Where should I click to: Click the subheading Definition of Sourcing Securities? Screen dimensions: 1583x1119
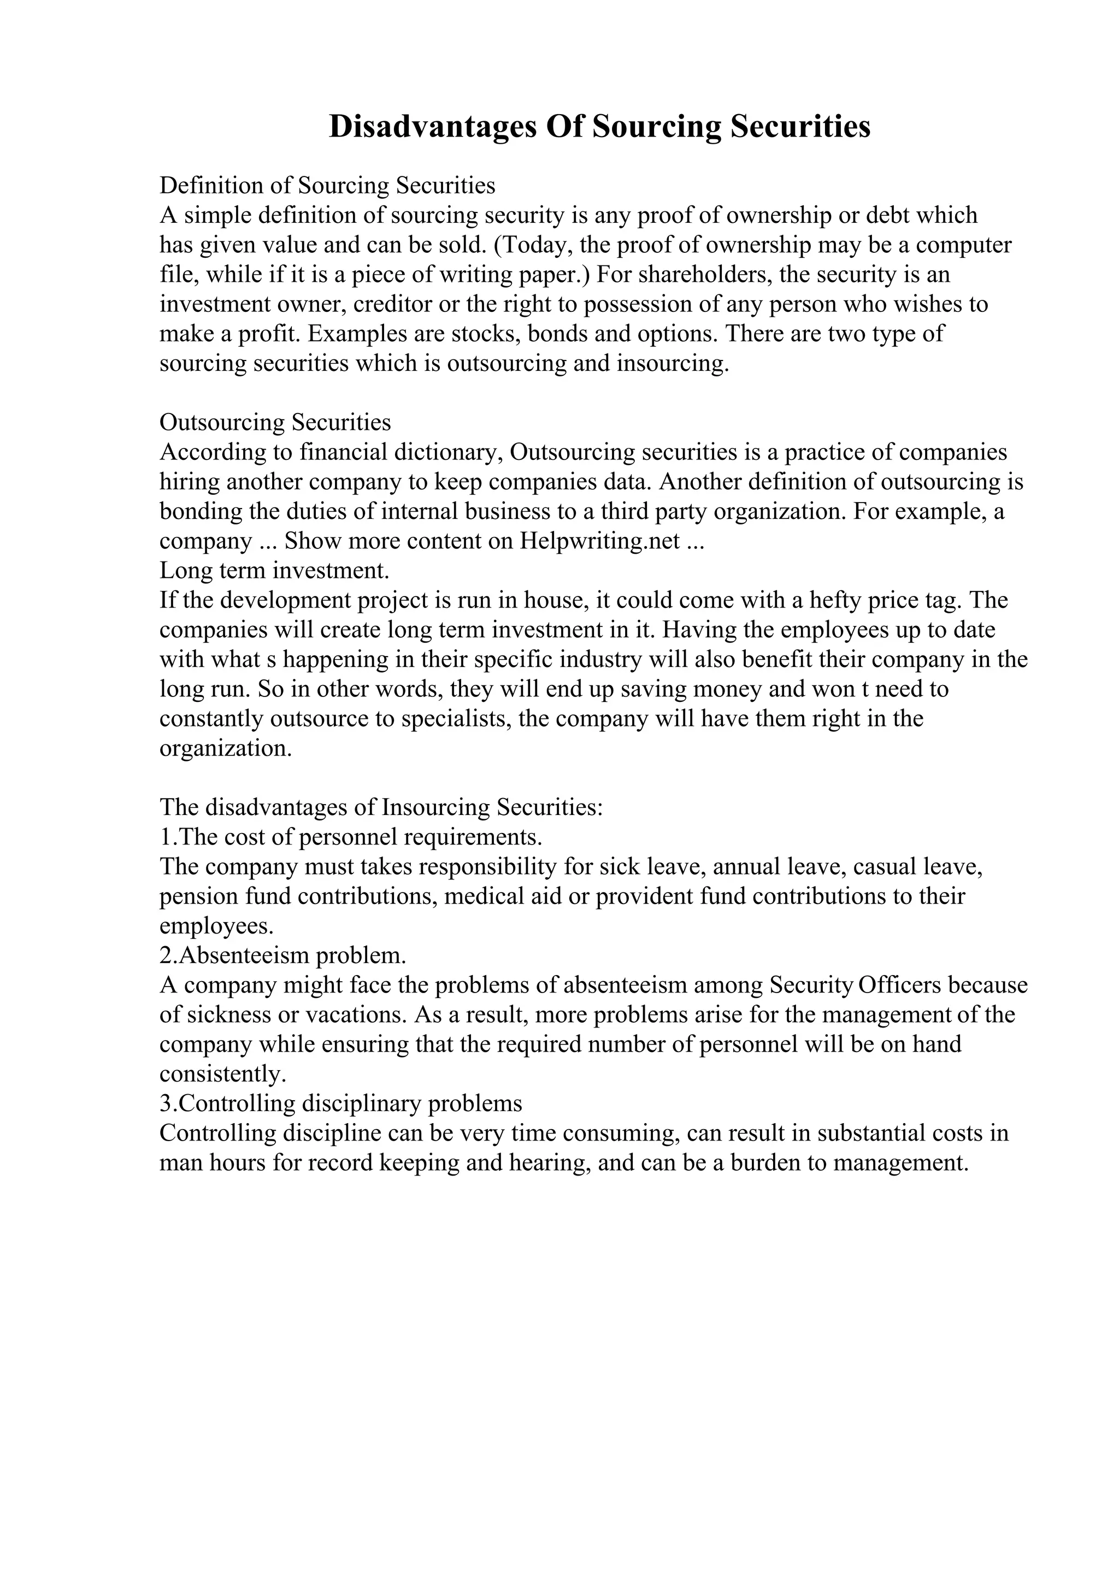coord(327,186)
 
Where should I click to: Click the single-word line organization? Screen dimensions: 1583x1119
coord(226,749)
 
